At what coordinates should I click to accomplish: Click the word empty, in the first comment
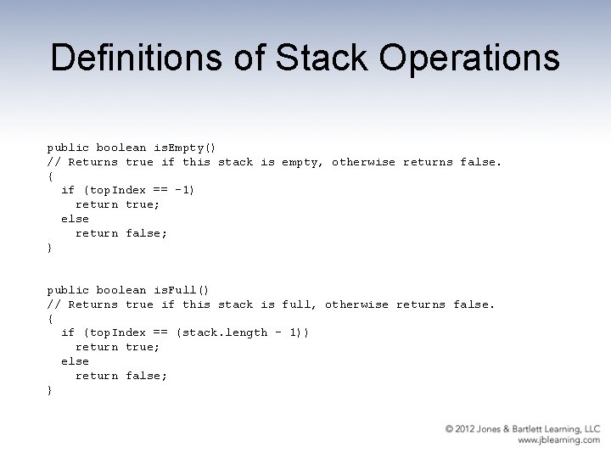pyautogui.click(x=303, y=161)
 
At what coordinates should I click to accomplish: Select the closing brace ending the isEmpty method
pyautogui.click(x=49, y=247)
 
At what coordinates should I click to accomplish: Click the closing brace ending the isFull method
pyautogui.click(x=49, y=390)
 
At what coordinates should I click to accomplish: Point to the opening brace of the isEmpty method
pyautogui.click(x=49, y=176)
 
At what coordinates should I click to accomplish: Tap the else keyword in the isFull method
pyautogui.click(x=75, y=361)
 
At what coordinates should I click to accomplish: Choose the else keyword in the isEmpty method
pyautogui.click(x=75, y=218)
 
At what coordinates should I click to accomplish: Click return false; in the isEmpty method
pyautogui.click(x=121, y=232)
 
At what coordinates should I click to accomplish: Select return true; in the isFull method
pyautogui.click(x=118, y=347)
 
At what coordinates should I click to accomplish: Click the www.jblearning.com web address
pyautogui.click(x=558, y=441)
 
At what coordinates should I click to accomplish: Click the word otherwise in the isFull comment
pyautogui.click(x=356, y=304)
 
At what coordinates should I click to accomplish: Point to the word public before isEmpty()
pyautogui.click(x=68, y=147)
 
